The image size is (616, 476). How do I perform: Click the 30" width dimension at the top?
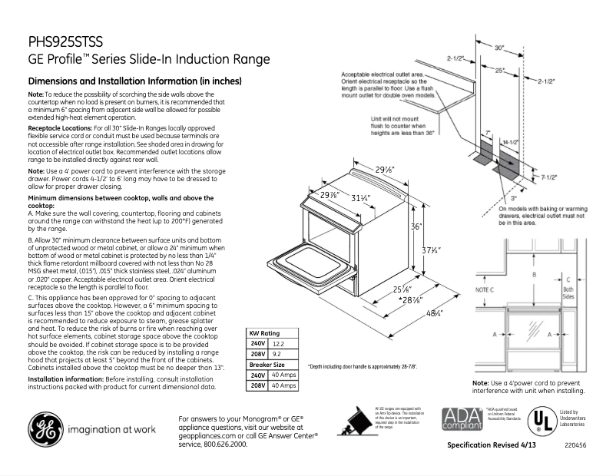(499, 48)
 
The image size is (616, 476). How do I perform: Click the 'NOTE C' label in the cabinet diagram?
(483, 289)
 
